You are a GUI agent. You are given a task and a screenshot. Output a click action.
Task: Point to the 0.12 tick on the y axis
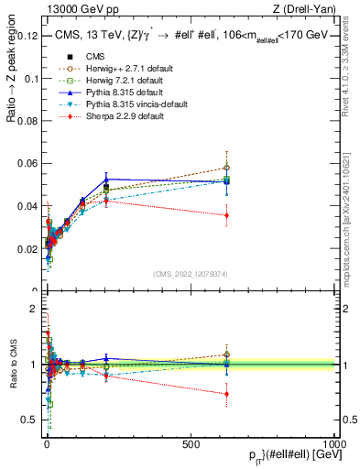27,36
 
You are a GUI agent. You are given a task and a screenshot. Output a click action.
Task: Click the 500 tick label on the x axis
191,443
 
